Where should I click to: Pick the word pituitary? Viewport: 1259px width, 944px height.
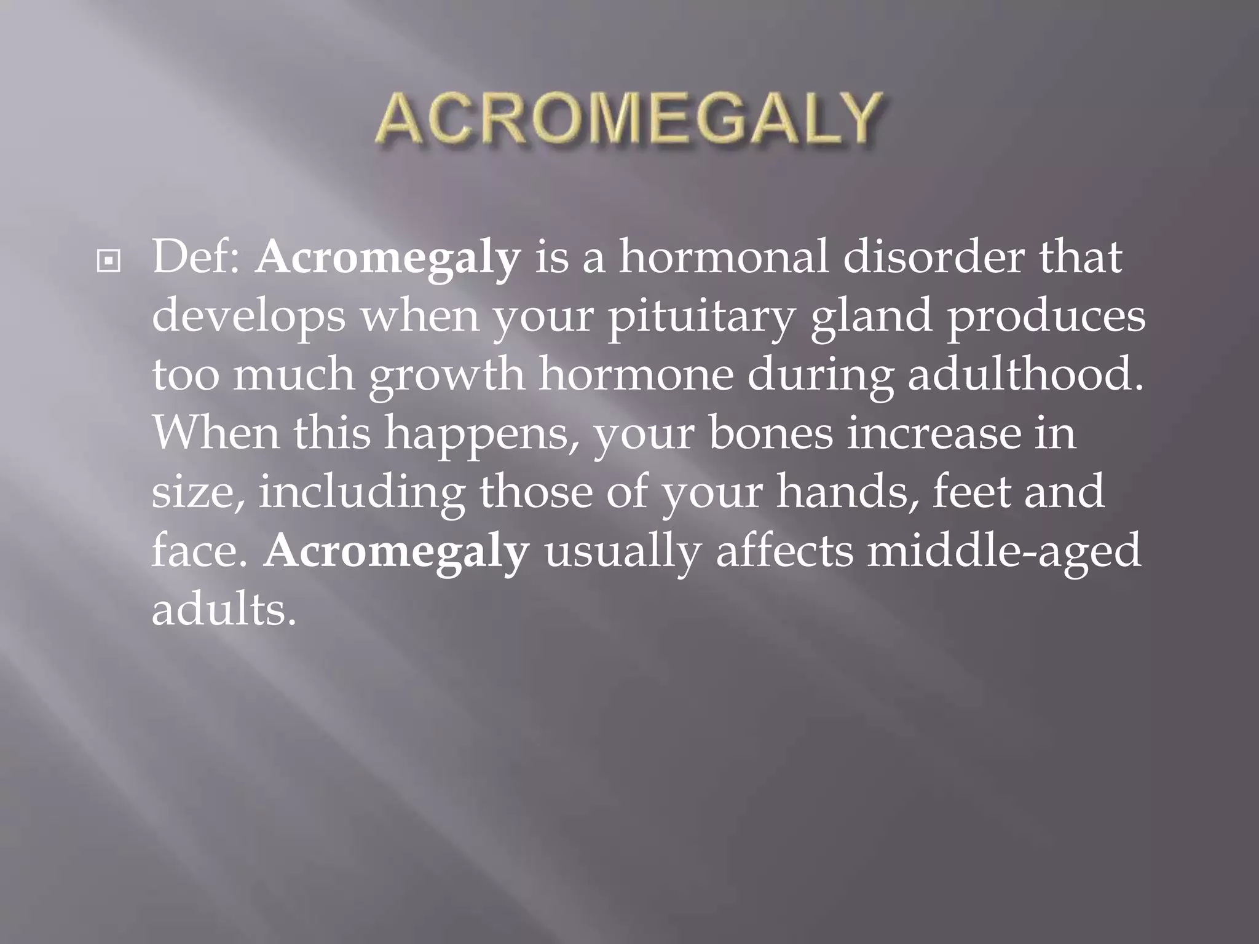(x=701, y=317)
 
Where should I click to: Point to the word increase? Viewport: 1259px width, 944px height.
(x=932, y=433)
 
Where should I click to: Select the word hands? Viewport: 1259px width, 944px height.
(x=849, y=492)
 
